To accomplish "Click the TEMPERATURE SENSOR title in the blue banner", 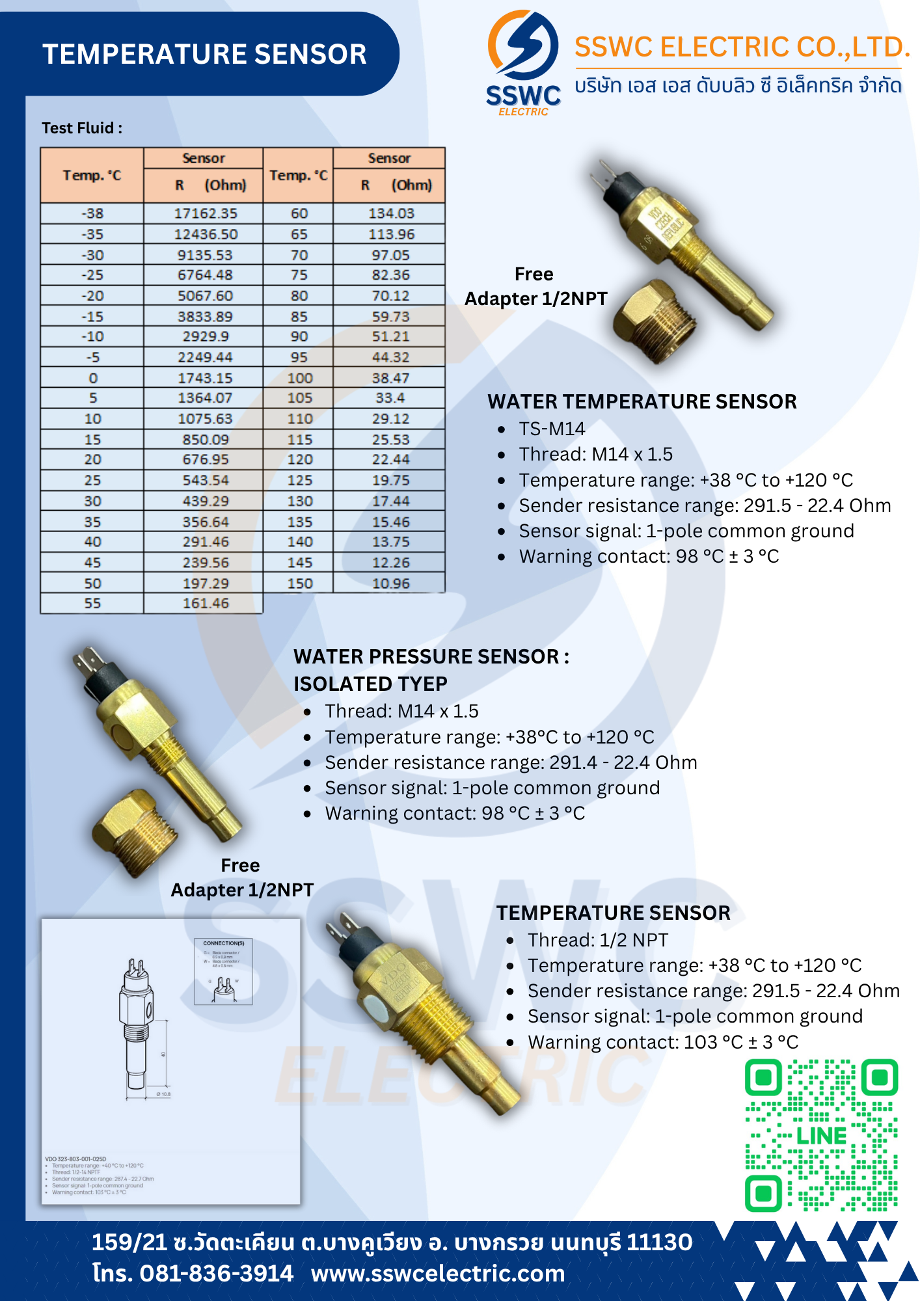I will [x=204, y=54].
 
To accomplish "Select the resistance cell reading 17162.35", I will [x=206, y=213].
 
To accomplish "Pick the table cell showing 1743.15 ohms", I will [x=206, y=378].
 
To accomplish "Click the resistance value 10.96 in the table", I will [x=390, y=583].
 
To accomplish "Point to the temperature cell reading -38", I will [x=92, y=213].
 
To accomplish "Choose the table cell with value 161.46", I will [x=206, y=604].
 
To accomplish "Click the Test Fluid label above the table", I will [x=82, y=128].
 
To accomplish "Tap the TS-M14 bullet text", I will [x=552, y=429].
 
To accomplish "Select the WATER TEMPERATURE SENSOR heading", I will [x=642, y=401].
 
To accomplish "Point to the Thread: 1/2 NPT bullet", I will [x=597, y=940].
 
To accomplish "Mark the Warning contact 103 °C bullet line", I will [x=662, y=1042].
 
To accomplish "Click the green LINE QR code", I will [x=821, y=1135].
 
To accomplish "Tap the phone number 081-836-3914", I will [x=216, y=1273].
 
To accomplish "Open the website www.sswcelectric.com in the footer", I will [x=437, y=1273].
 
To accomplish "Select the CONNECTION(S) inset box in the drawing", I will [x=223, y=971].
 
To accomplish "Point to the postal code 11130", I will [x=659, y=1242].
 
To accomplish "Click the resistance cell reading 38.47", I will [x=390, y=378].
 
